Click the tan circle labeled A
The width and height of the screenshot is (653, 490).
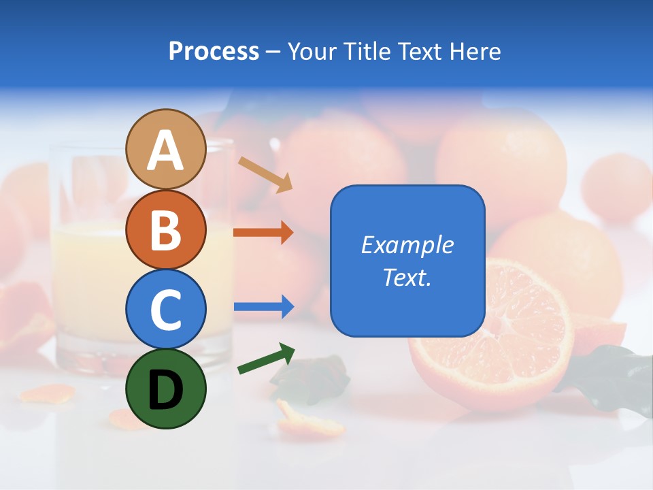coord(165,150)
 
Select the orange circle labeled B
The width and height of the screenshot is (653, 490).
coord(165,229)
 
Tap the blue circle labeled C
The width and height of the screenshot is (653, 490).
coord(165,309)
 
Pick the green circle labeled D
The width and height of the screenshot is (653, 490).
coord(165,389)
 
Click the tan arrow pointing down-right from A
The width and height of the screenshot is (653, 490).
coord(265,174)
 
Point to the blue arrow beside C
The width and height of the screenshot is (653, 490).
coord(263,306)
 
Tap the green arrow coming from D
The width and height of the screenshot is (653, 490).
coord(265,359)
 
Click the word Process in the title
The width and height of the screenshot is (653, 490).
coord(214,51)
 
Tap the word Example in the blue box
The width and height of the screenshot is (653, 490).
coord(407,245)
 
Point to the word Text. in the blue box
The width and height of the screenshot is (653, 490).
coord(407,277)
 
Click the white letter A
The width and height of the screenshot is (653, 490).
coord(165,150)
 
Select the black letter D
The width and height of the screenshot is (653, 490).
coord(165,389)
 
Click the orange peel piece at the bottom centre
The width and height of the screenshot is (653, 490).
coord(309,421)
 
